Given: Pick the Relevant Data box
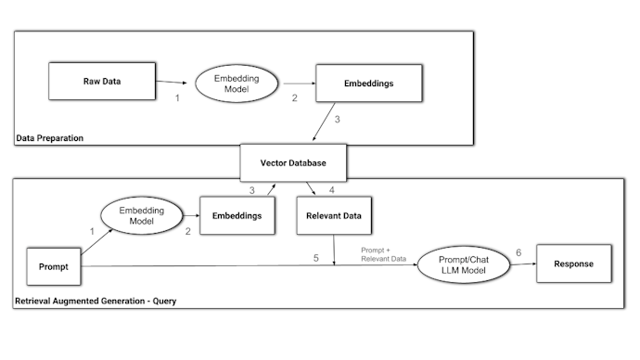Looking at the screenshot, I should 334,216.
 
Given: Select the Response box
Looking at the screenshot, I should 575,264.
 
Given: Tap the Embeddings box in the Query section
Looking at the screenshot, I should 237,216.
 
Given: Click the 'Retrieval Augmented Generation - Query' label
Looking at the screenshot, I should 96,302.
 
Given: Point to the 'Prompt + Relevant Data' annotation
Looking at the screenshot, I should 382,253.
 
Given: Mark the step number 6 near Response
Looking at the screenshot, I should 518,251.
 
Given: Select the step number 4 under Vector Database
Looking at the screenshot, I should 331,191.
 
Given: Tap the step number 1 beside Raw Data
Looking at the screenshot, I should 176,97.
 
